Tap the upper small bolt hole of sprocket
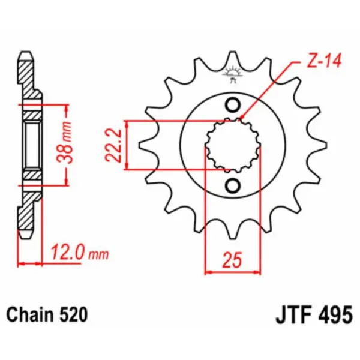coord(232,105)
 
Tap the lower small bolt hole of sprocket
coord(232,185)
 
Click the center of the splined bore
coord(233,145)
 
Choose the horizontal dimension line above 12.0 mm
coord(30,263)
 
